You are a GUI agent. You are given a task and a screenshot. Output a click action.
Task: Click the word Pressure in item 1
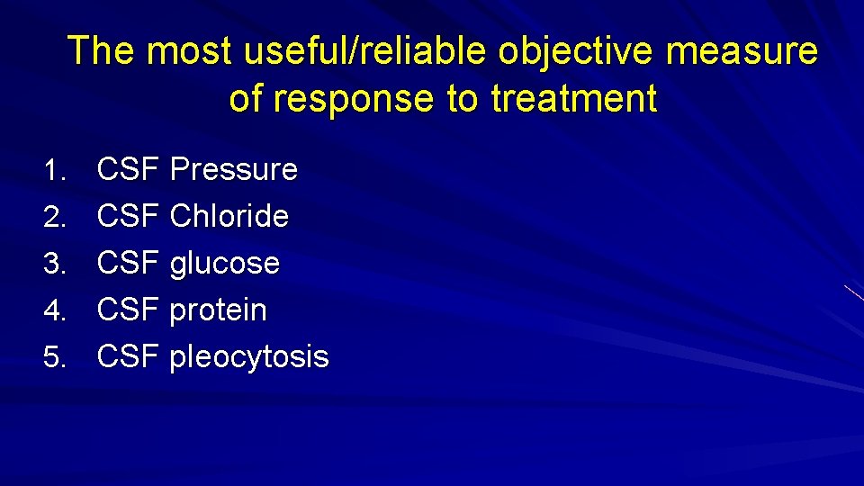click(233, 169)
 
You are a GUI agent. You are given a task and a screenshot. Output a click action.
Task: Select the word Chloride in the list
click(229, 216)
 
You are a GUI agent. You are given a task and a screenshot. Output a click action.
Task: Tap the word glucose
click(224, 264)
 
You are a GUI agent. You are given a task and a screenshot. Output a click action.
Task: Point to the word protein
click(218, 310)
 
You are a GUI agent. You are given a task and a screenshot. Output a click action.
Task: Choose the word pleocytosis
click(248, 357)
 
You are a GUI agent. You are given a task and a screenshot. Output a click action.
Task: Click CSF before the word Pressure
click(129, 169)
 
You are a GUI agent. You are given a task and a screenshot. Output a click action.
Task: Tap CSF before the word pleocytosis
click(129, 357)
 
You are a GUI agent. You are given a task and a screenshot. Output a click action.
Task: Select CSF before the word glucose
click(129, 264)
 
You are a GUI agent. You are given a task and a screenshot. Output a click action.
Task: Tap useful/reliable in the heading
click(369, 51)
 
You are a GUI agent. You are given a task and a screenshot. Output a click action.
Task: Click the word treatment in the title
click(574, 98)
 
